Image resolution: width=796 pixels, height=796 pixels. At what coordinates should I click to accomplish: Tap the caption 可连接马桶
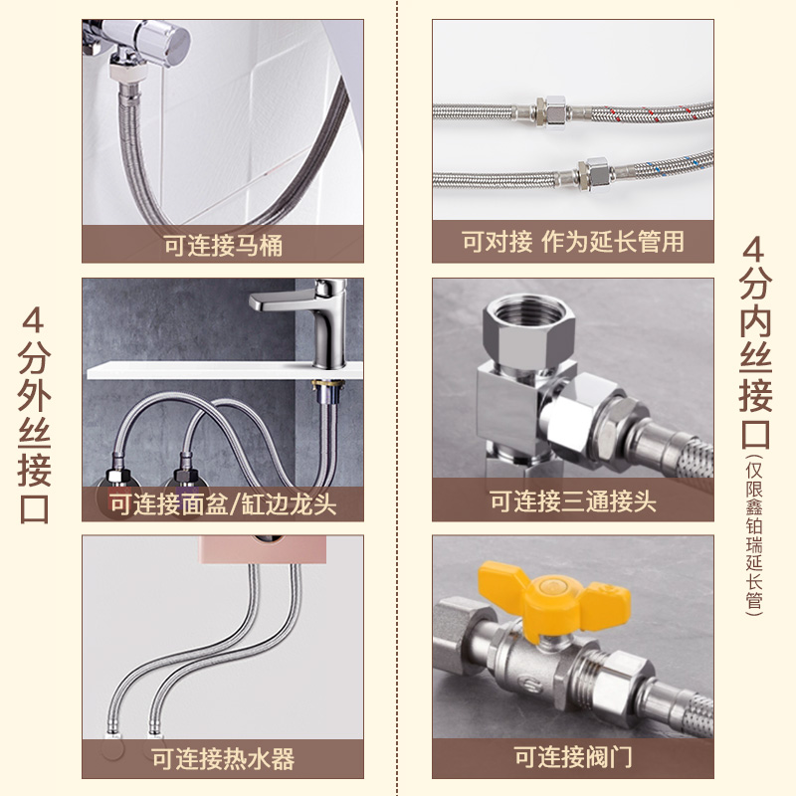click(222, 245)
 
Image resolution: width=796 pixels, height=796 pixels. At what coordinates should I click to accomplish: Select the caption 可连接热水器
click(222, 758)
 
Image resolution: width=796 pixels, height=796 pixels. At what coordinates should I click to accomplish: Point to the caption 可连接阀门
click(573, 756)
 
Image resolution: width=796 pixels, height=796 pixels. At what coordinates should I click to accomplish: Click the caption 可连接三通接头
click(573, 501)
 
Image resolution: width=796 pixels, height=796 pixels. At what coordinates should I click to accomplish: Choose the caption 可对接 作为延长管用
click(573, 241)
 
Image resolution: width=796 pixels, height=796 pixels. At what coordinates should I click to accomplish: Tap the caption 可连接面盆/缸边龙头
click(222, 504)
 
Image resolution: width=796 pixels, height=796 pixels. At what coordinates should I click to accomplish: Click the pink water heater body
click(262, 549)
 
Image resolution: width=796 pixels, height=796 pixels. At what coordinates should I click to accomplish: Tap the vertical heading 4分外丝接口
click(34, 415)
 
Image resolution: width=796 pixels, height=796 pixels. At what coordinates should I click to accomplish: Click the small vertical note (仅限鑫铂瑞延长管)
click(754, 534)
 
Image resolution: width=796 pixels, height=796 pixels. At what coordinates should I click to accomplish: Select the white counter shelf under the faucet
click(225, 370)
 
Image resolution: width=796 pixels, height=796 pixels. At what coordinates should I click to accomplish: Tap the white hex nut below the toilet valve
click(128, 71)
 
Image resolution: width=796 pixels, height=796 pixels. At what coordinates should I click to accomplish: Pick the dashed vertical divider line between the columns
click(397, 398)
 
